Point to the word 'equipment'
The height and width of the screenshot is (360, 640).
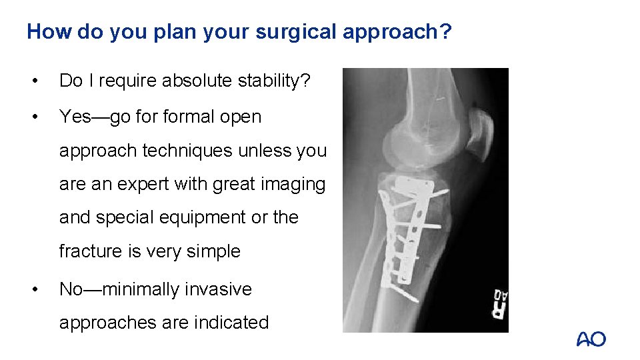(x=185, y=217)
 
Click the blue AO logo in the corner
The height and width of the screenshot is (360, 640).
(x=591, y=339)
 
